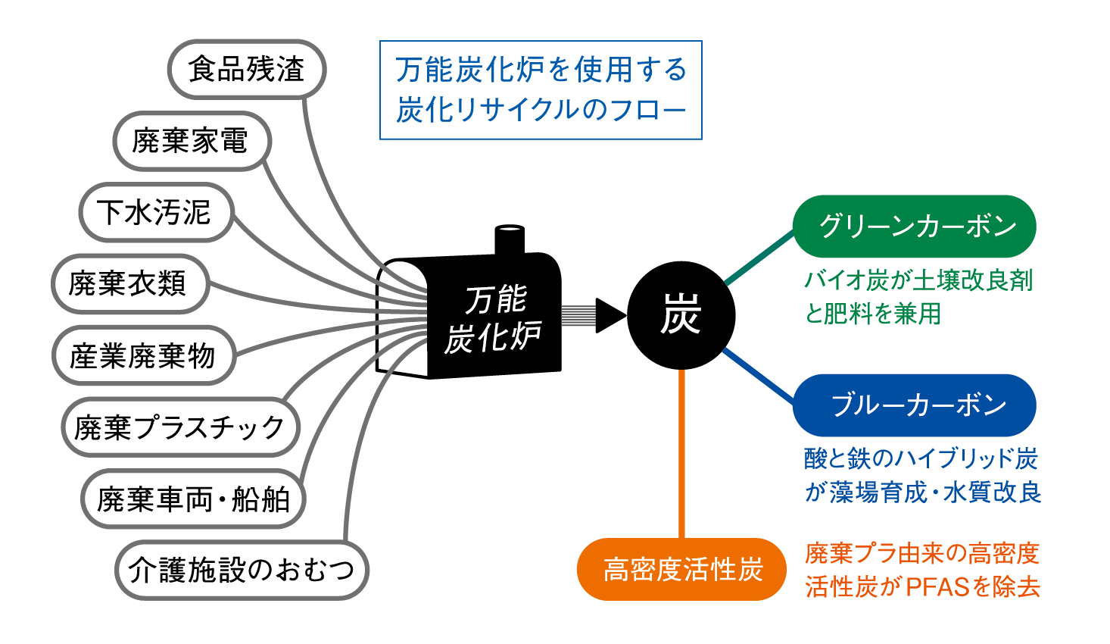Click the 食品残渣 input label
[x=246, y=70]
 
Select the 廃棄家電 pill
[x=191, y=141]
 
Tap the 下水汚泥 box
[x=155, y=212]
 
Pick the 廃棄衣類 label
[x=129, y=283]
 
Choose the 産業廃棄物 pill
[x=143, y=355]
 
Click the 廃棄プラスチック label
[x=180, y=427]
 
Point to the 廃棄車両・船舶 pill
[x=193, y=499]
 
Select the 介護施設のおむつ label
[x=242, y=570]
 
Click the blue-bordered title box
[x=541, y=90]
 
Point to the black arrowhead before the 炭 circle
[x=610, y=315]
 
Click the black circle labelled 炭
[x=681, y=315]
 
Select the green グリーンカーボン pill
[x=915, y=227]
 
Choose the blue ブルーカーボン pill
[x=915, y=405]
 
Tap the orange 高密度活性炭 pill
[x=681, y=570]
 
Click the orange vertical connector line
[x=682, y=455]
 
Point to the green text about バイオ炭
[x=918, y=297]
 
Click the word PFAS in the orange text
[x=938, y=587]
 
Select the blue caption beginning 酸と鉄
[x=922, y=476]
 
